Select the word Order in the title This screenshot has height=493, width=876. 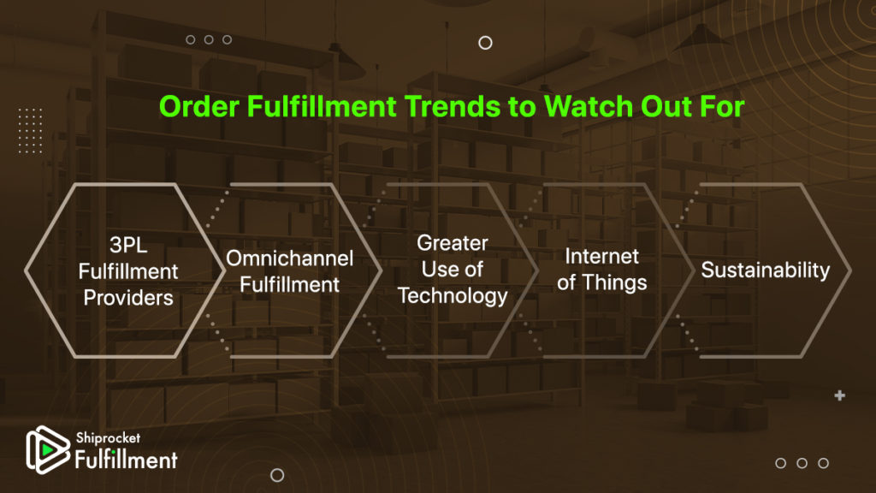pos(199,106)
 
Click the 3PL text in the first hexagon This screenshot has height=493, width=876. pos(128,245)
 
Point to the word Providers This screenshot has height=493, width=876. pos(128,298)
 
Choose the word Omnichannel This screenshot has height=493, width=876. pos(289,258)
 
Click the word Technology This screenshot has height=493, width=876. pos(453,295)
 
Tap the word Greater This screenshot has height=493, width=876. pos(453,243)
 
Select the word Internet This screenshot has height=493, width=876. pos(601,257)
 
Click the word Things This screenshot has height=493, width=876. pos(614,282)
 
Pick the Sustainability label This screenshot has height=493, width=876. pos(766,270)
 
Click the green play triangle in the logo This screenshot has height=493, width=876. pos(48,449)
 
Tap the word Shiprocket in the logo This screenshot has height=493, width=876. pos(108,438)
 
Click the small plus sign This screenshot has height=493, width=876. pos(840,395)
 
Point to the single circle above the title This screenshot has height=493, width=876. pos(486,43)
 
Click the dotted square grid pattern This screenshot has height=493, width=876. pos(30,131)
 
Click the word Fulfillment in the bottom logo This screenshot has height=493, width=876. pos(127,460)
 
